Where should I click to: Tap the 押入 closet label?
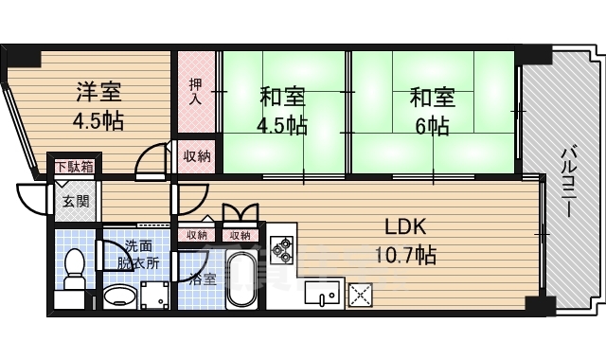196,92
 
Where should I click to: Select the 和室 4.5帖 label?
283,111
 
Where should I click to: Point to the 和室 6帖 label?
432,111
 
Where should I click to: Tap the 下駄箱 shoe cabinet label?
73,168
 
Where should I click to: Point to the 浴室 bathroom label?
202,279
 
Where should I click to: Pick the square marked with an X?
361,295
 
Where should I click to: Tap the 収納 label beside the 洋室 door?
196,155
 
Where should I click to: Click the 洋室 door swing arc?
151,163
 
